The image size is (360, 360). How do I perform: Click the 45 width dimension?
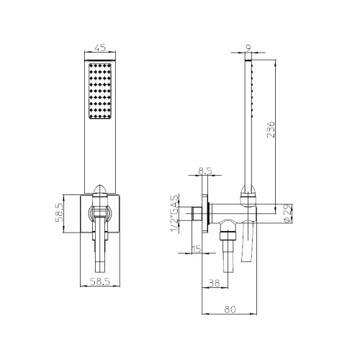pos(100,48)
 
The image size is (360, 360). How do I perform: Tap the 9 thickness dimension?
pos(248,48)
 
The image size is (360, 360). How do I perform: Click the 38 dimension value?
pos(214,283)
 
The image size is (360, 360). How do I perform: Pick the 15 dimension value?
pos(197,249)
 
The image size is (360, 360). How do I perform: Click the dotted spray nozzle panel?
pos(100,92)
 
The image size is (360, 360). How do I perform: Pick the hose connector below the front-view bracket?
pos(100,252)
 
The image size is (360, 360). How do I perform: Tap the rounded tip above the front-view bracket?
pos(100,188)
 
